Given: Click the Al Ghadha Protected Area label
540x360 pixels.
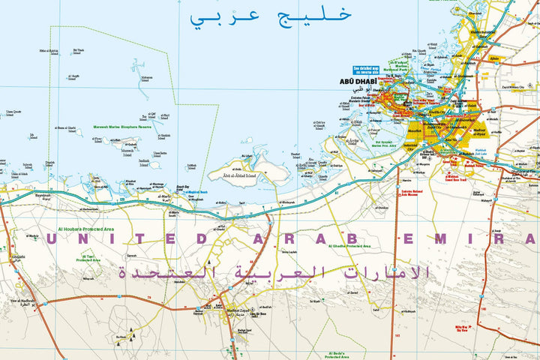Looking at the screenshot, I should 349,245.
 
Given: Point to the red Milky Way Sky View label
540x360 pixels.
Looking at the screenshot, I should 460,329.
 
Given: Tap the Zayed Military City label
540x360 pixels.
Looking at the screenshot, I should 517,87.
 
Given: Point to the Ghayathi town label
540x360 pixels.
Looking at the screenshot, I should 17,257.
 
